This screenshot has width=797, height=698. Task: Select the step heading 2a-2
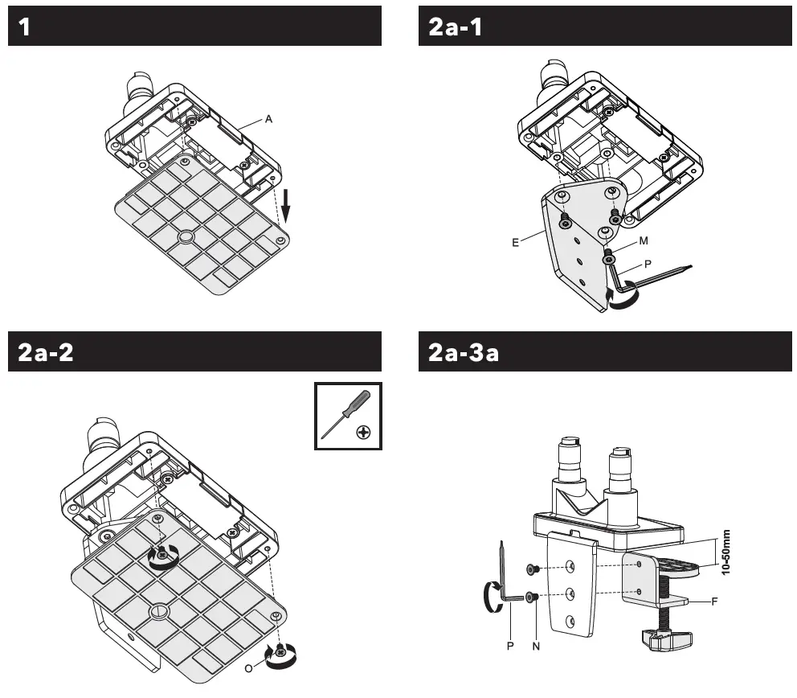[47, 352]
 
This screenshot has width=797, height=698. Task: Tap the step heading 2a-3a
[464, 352]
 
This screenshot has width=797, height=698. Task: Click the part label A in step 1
[269, 119]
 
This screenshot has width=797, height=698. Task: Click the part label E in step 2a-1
[514, 239]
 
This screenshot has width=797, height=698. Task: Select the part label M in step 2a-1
[644, 240]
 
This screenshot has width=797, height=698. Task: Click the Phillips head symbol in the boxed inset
[364, 433]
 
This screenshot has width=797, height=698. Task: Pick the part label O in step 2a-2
[249, 667]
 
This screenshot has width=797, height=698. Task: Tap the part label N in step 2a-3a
[534, 645]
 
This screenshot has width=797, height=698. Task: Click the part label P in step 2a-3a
[510, 645]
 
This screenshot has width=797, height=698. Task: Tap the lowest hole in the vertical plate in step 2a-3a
[570, 620]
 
